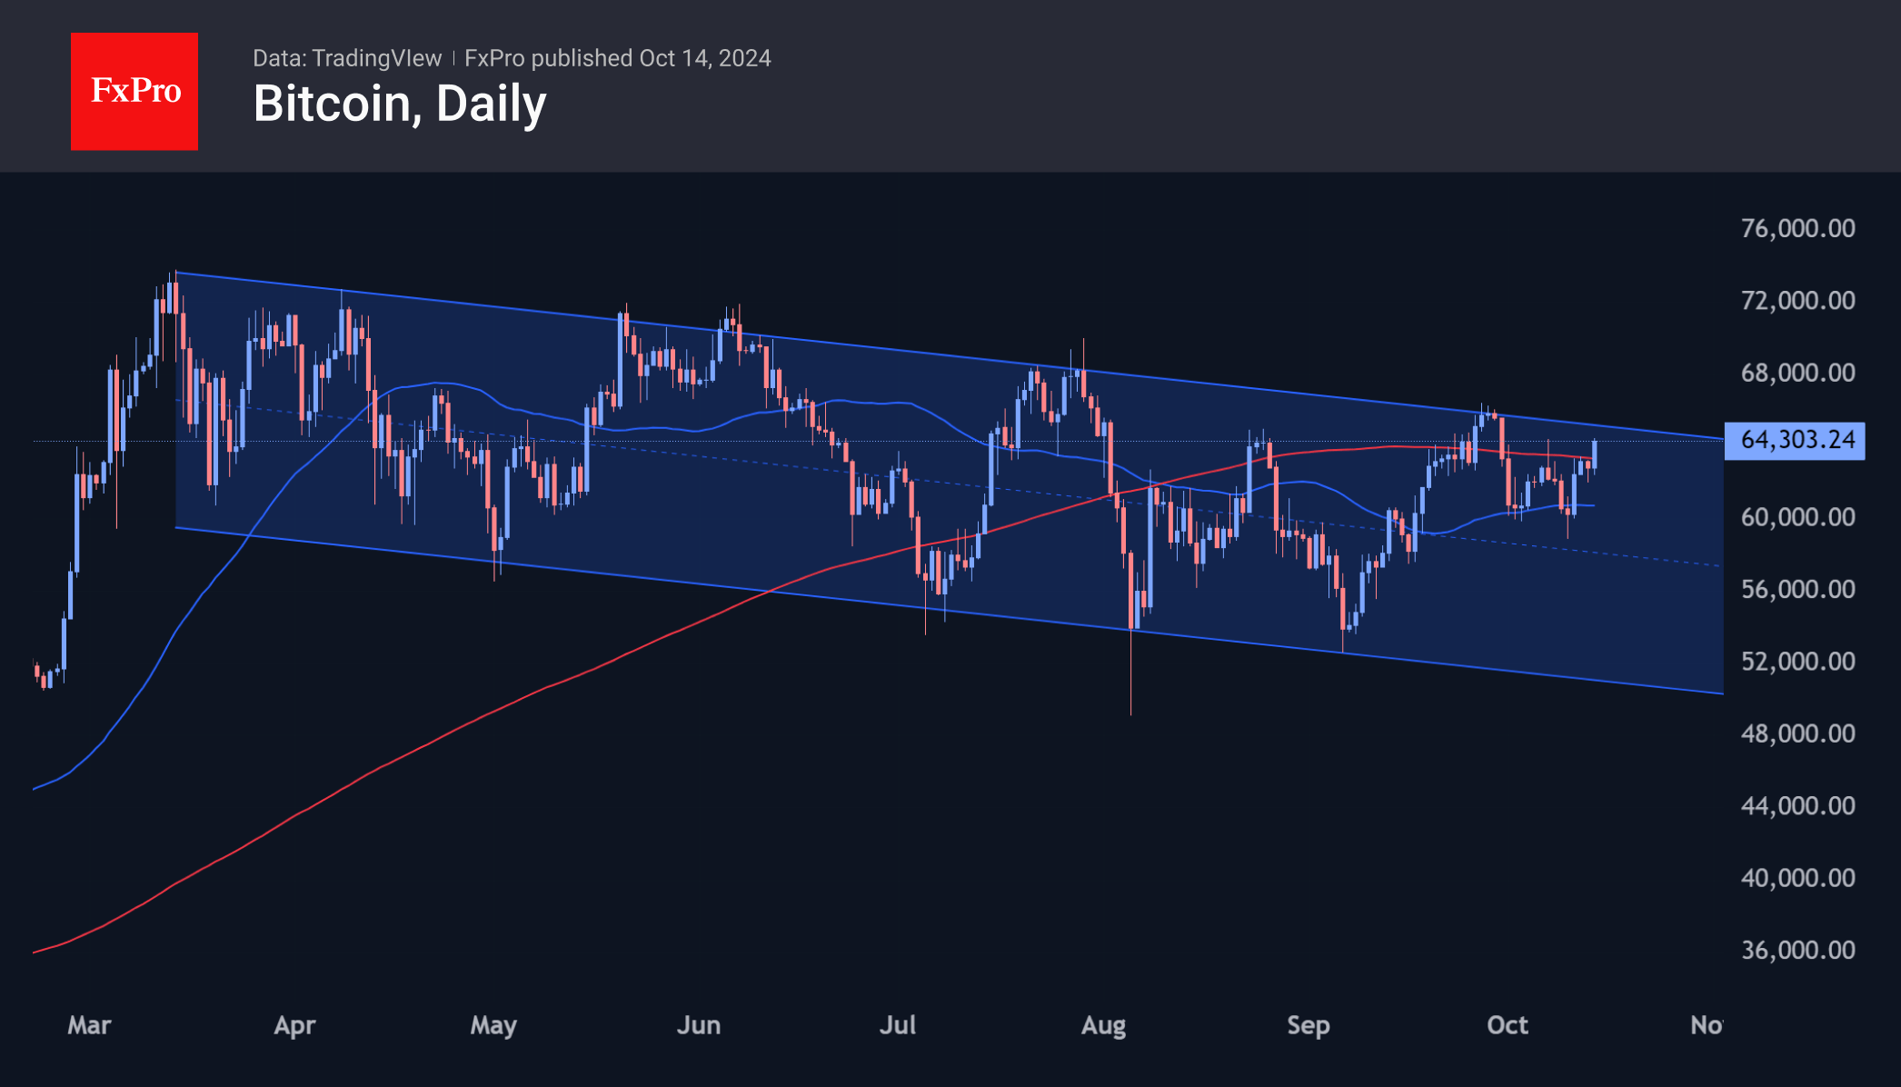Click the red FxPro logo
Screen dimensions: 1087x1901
pyautogui.click(x=134, y=91)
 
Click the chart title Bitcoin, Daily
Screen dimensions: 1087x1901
pyautogui.click(x=399, y=104)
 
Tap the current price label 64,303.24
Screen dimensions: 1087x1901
pyautogui.click(x=1795, y=440)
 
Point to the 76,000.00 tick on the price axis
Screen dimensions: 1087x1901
pyautogui.click(x=1796, y=228)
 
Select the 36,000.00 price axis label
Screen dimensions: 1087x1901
pyautogui.click(x=1796, y=950)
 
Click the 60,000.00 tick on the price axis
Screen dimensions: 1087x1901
pyautogui.click(x=1796, y=516)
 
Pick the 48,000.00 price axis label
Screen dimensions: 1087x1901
pyautogui.click(x=1796, y=733)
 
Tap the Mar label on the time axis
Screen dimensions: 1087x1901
pyautogui.click(x=89, y=1025)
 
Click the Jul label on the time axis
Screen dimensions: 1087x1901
pyautogui.click(x=897, y=1025)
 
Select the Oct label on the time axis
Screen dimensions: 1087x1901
pyautogui.click(x=1507, y=1025)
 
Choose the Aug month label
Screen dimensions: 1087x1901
pyautogui.click(x=1103, y=1025)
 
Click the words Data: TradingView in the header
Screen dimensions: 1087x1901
pyautogui.click(x=347, y=58)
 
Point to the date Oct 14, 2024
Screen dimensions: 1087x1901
pyautogui.click(x=704, y=58)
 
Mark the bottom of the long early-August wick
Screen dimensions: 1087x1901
pyautogui.click(x=1130, y=713)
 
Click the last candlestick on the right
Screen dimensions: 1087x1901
pyautogui.click(x=1594, y=454)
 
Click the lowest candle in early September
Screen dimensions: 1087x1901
pyautogui.click(x=1342, y=609)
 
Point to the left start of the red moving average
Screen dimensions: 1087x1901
pyautogui.click(x=35, y=952)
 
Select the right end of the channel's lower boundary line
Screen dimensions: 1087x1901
pyautogui.click(x=1722, y=693)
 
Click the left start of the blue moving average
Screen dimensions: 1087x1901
pyautogui.click(x=35, y=788)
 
